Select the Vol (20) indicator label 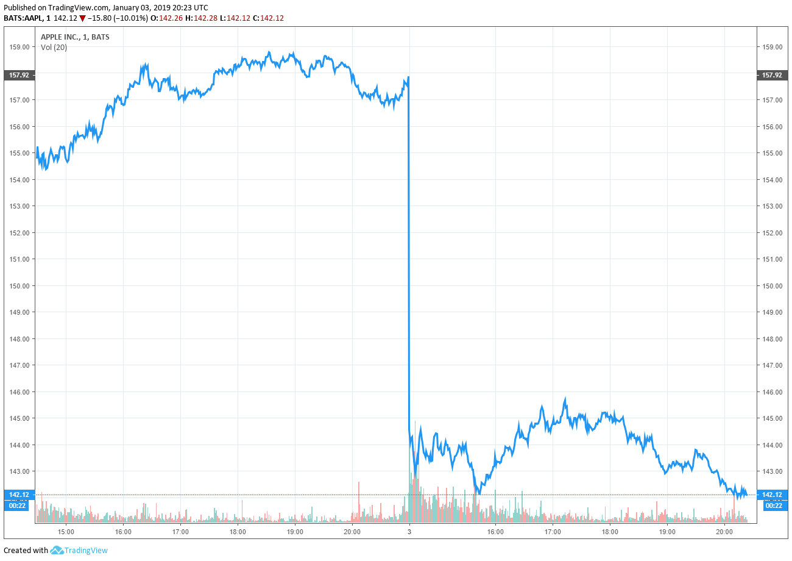(x=54, y=48)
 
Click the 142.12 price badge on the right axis (x=773, y=495)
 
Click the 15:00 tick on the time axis (x=66, y=532)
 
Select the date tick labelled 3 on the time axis (x=409, y=532)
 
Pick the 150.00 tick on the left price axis (x=19, y=285)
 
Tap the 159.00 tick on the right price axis (x=772, y=46)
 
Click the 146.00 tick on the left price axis (x=19, y=391)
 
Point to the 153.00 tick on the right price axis (x=772, y=205)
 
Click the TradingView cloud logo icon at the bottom (x=57, y=550)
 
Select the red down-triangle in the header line (x=82, y=18)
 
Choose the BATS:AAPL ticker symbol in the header (x=23, y=18)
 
